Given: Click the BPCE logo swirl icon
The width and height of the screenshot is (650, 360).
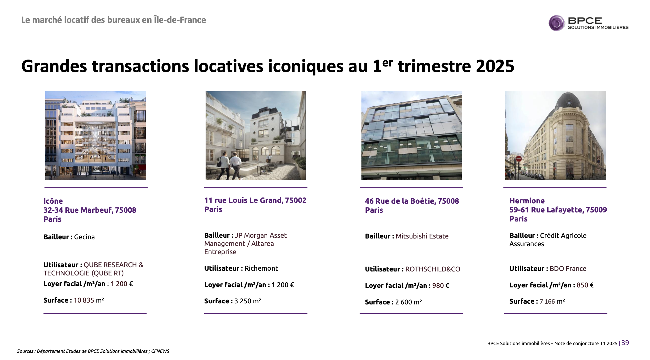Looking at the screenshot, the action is pyautogui.click(x=556, y=23).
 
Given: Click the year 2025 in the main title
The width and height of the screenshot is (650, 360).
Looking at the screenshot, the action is pyautogui.click(x=495, y=66).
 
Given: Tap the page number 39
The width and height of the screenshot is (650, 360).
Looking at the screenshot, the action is pyautogui.click(x=625, y=343).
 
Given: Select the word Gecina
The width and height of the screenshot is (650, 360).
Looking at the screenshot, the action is pyautogui.click(x=84, y=237).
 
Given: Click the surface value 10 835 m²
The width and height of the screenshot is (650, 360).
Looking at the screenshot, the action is pyautogui.click(x=89, y=300).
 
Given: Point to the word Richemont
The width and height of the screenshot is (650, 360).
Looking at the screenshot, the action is pyautogui.click(x=261, y=268).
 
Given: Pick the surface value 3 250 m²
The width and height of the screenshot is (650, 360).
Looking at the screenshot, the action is pyautogui.click(x=248, y=301).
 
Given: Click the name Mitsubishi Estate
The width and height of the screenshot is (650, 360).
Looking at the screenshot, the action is pyautogui.click(x=422, y=236).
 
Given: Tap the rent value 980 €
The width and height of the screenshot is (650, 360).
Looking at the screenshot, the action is pyautogui.click(x=441, y=286).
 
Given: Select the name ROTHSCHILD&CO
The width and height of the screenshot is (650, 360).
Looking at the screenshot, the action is pyautogui.click(x=433, y=269).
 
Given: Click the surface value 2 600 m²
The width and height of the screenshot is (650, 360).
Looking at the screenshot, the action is pyautogui.click(x=409, y=302).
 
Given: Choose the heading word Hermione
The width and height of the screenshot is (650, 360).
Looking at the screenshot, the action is pyautogui.click(x=527, y=201).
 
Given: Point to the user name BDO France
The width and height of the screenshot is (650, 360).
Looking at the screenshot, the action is pyautogui.click(x=568, y=269).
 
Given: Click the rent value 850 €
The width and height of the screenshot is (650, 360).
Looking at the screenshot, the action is pyautogui.click(x=585, y=285).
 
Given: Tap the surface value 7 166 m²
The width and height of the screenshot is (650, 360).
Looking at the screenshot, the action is pyautogui.click(x=552, y=301).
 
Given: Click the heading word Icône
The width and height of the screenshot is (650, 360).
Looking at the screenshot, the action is pyautogui.click(x=53, y=201).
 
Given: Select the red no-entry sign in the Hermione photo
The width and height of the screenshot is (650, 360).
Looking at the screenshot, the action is pyautogui.click(x=519, y=159).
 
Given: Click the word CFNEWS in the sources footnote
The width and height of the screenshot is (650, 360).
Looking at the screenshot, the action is pyautogui.click(x=160, y=351).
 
